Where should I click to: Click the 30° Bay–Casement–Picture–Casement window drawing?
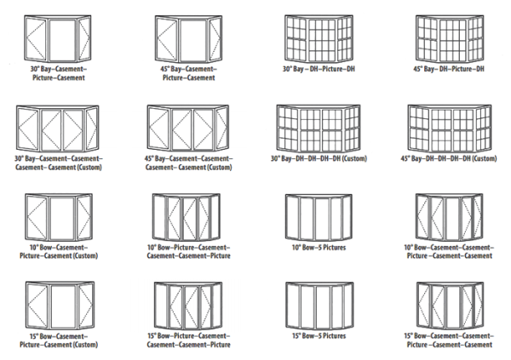pos(58,38)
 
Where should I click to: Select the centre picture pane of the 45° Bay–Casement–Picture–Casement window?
pos(193,40)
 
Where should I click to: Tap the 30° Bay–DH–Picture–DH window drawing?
pos(319,38)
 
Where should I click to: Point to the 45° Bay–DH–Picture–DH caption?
pos(449,69)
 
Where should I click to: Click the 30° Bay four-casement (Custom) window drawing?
pos(58,128)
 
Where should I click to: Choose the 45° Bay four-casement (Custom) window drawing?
pos(188,128)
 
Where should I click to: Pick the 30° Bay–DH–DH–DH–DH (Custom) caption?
pos(319,158)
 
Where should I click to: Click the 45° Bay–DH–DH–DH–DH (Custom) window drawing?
pos(450,128)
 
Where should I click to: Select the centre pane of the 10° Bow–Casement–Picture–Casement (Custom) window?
pos(62,218)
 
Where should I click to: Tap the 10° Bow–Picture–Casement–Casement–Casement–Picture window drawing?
pos(187,217)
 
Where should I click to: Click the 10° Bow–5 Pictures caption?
pos(319,248)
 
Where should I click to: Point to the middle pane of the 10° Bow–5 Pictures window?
pos(322,219)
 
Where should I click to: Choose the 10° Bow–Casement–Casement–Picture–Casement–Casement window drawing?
pos(450,217)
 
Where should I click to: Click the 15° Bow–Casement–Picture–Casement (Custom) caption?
pos(59,340)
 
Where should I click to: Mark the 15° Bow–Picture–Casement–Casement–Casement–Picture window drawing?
pos(188,306)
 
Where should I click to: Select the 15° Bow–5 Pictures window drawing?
pos(319,306)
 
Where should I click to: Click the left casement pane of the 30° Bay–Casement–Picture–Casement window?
pos(36,39)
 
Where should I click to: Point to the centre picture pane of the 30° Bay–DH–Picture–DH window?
pos(322,40)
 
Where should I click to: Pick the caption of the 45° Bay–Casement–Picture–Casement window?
pos(189,73)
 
